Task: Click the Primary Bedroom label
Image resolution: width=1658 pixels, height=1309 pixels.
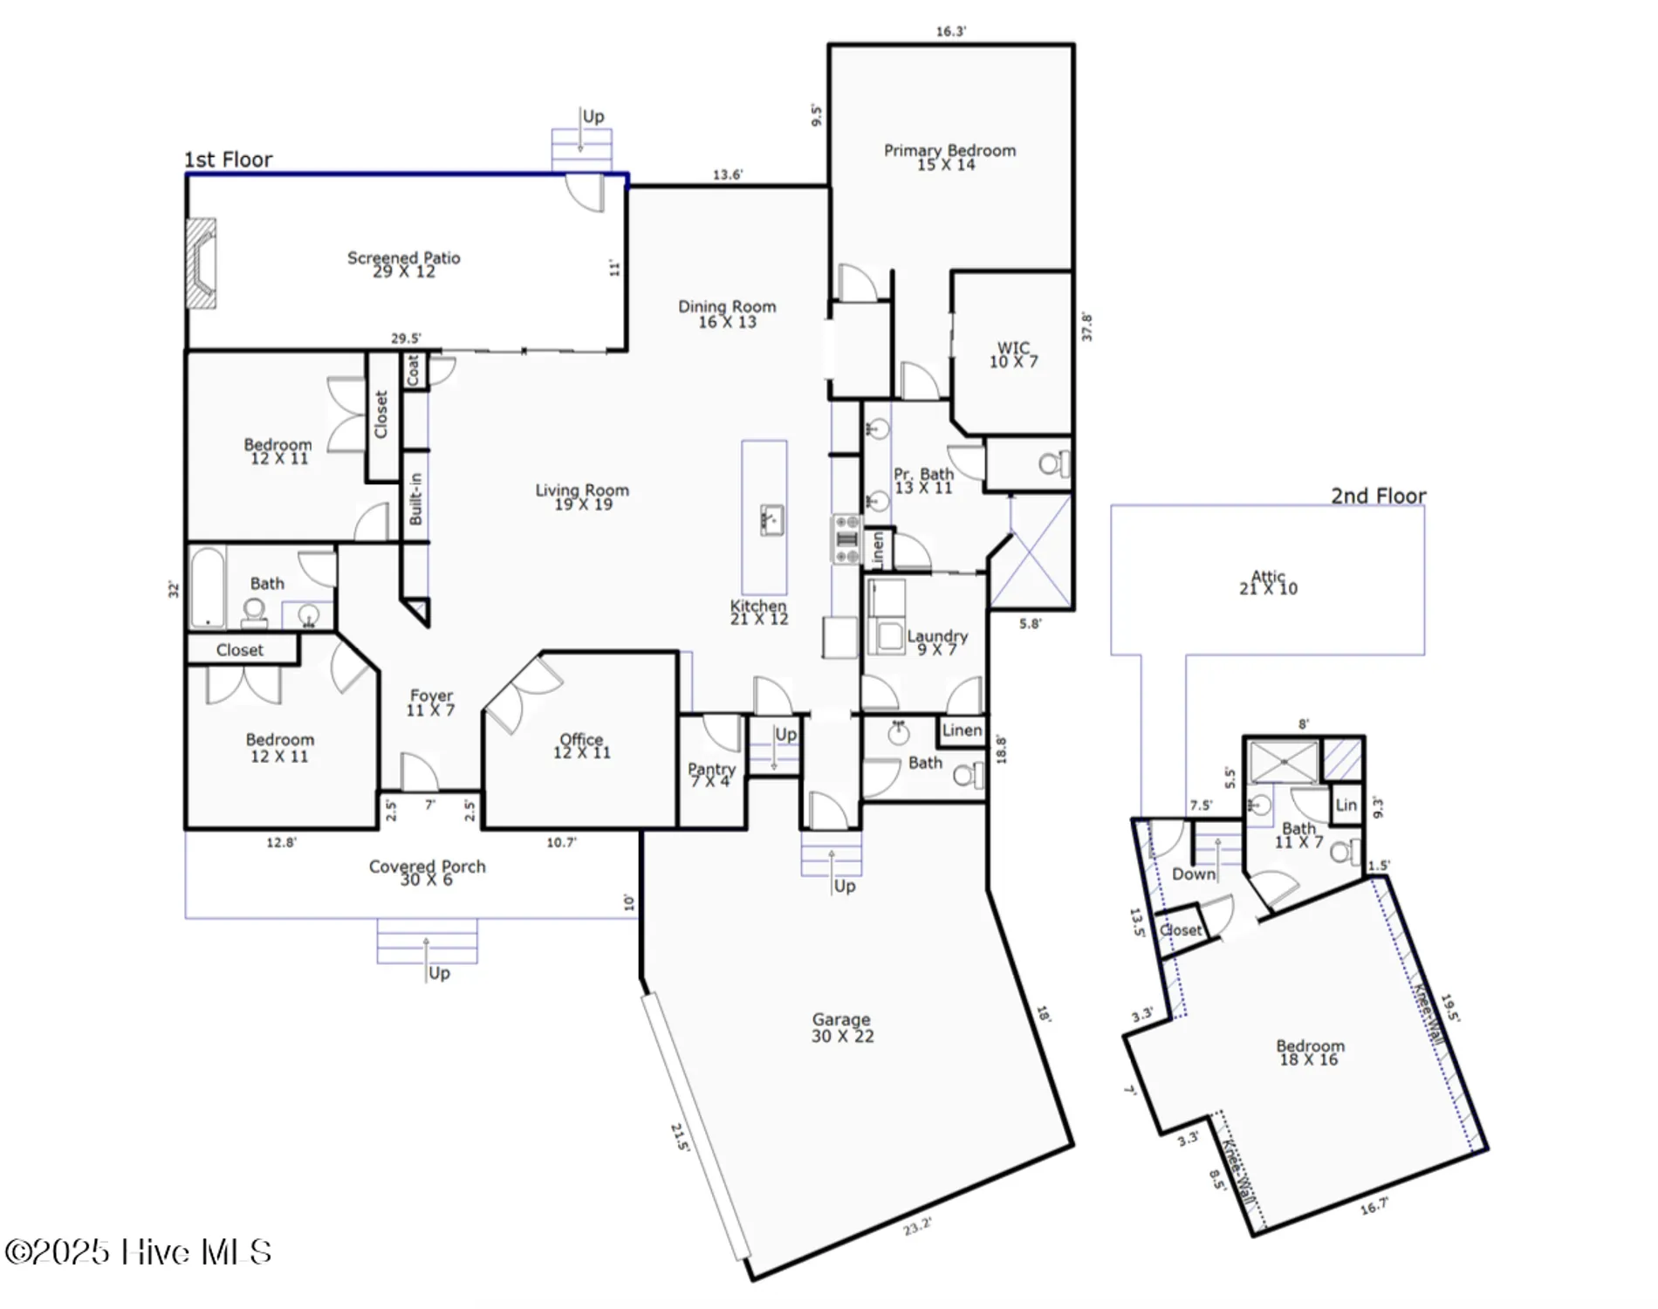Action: point(949,157)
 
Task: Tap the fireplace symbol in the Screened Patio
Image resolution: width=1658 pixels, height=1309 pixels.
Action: point(202,263)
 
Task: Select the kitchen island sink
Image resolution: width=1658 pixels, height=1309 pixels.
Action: point(772,519)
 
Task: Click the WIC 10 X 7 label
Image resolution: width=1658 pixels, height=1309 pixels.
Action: point(1013,354)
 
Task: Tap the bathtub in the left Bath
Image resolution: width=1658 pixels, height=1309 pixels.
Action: point(207,587)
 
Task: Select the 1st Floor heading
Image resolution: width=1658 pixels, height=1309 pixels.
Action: point(228,160)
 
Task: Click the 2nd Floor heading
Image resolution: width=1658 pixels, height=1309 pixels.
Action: point(1378,496)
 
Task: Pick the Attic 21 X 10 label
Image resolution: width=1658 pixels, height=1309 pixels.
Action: point(1268,582)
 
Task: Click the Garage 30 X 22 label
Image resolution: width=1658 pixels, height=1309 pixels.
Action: point(841,1027)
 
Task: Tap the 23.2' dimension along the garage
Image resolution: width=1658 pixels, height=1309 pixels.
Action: point(917,1226)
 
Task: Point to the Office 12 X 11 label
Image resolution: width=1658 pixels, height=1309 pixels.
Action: point(581,745)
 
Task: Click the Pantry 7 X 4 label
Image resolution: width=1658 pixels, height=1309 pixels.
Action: point(711,774)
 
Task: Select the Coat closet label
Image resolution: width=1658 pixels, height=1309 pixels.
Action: point(414,370)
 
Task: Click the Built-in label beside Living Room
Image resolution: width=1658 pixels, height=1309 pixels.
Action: point(415,499)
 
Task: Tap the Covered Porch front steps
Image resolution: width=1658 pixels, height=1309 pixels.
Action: point(427,941)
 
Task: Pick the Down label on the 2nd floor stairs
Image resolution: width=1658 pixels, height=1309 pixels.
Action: point(1193,874)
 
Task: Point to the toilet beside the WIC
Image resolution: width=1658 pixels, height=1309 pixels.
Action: point(1053,463)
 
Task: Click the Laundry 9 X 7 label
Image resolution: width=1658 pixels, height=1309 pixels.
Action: point(937,641)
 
